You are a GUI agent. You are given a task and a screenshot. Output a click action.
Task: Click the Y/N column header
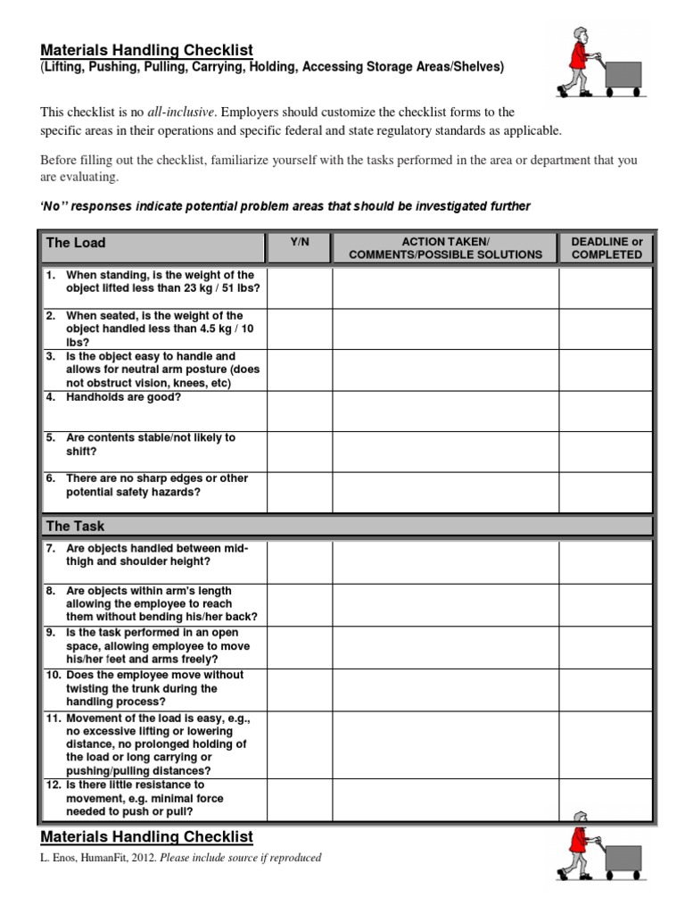pos(299,242)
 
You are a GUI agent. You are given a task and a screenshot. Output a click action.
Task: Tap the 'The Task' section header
pos(75,527)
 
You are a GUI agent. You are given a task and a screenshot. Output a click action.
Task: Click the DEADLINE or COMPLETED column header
pos(607,248)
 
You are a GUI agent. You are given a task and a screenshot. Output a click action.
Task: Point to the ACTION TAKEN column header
pos(445,248)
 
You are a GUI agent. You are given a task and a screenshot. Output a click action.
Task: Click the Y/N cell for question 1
pos(299,287)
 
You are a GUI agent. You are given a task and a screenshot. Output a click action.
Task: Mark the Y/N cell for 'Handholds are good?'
pos(299,410)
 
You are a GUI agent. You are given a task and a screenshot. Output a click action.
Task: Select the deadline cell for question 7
pos(606,561)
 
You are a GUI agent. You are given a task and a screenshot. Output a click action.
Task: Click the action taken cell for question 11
pos(445,744)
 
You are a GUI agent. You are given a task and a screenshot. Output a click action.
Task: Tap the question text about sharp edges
pos(146,486)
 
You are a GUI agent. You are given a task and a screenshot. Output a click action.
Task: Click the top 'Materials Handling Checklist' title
pos(147,50)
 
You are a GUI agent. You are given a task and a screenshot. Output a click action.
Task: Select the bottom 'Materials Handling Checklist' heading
pos(147,836)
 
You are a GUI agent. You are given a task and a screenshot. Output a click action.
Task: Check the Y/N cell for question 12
pos(299,799)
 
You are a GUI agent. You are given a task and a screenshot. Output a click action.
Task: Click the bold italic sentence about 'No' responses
pos(285,206)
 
